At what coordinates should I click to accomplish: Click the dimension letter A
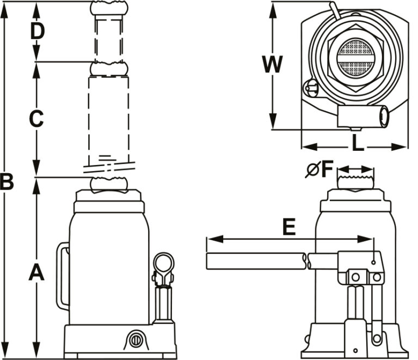click(x=36, y=272)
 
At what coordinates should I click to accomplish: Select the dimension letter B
click(x=7, y=182)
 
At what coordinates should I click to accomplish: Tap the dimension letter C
click(x=36, y=119)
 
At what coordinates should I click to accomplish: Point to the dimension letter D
click(x=37, y=32)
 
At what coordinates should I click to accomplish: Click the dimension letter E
click(x=288, y=227)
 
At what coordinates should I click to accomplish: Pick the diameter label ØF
click(x=319, y=170)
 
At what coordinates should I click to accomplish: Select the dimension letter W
click(x=272, y=65)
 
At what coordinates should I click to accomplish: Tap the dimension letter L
click(x=357, y=143)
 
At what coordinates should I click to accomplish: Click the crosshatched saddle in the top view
click(x=354, y=58)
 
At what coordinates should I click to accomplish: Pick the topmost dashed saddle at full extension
click(x=109, y=8)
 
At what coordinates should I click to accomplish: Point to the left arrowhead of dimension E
click(x=210, y=239)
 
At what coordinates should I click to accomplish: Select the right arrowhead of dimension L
click(x=403, y=146)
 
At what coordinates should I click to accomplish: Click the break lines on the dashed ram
click(x=109, y=165)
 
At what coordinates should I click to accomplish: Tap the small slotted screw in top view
click(x=312, y=87)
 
